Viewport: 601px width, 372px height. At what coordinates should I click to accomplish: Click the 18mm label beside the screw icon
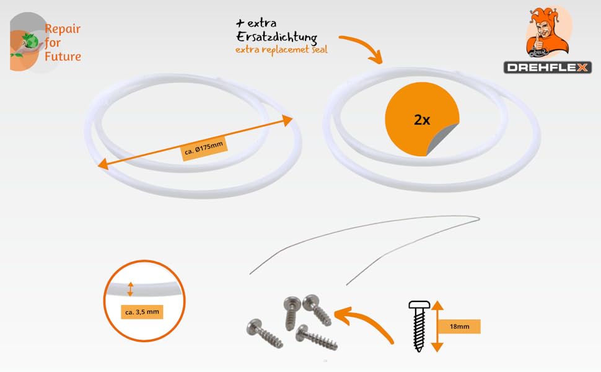[x=458, y=327]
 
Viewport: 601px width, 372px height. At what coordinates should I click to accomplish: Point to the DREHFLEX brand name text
[x=547, y=68]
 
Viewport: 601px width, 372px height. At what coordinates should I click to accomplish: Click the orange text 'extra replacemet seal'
[x=281, y=50]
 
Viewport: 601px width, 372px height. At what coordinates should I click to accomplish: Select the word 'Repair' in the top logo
[x=63, y=29]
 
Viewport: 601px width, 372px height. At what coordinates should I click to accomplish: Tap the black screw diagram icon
[x=418, y=325]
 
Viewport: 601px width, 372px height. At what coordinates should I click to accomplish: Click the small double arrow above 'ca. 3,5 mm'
[x=130, y=288]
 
